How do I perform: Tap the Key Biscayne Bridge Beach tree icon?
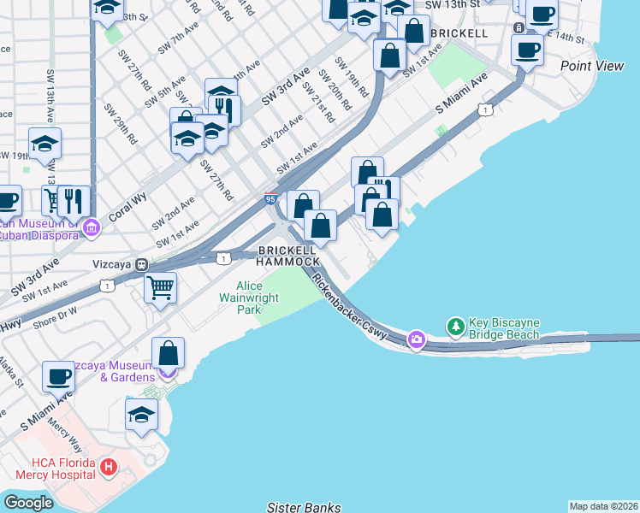(456, 327)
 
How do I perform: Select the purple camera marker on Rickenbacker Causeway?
(416, 339)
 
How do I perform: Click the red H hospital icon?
(108, 468)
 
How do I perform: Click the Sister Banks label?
(304, 507)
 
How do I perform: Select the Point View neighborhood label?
(592, 66)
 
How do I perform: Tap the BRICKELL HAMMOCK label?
(289, 256)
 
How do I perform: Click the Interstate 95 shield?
(270, 198)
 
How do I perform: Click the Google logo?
(28, 503)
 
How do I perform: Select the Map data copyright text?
(603, 506)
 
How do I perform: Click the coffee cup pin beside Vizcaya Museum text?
(58, 375)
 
